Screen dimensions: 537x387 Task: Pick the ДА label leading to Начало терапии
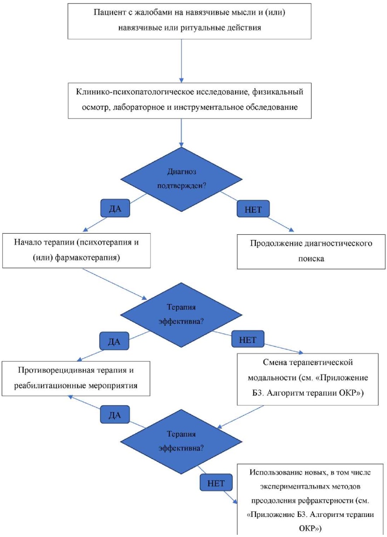point(116,209)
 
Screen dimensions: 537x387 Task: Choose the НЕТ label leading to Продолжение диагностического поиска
point(253,209)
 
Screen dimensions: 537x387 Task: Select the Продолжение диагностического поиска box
point(311,251)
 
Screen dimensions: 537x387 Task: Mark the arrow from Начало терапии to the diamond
point(116,284)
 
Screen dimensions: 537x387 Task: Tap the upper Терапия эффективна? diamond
point(181,313)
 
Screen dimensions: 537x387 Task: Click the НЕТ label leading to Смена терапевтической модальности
point(248,340)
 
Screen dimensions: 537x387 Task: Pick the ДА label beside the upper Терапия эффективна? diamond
point(115,341)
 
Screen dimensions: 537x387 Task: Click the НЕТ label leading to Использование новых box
point(216,483)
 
